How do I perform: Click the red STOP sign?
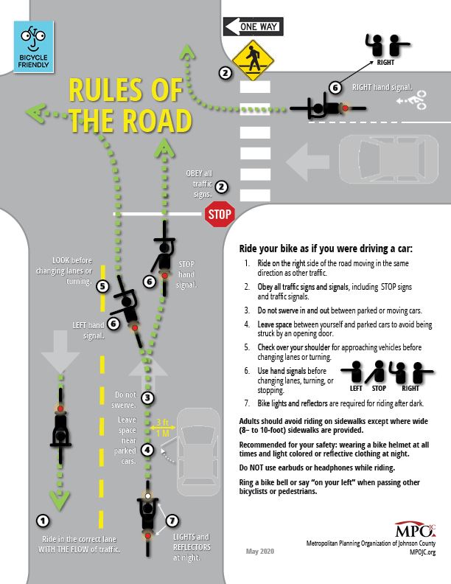tap(219, 215)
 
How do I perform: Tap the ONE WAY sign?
tap(253, 27)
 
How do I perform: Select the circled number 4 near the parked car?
tap(148, 449)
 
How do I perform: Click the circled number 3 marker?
tap(148, 397)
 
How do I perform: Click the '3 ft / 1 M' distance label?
tap(162, 427)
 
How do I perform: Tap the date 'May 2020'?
tap(261, 552)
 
